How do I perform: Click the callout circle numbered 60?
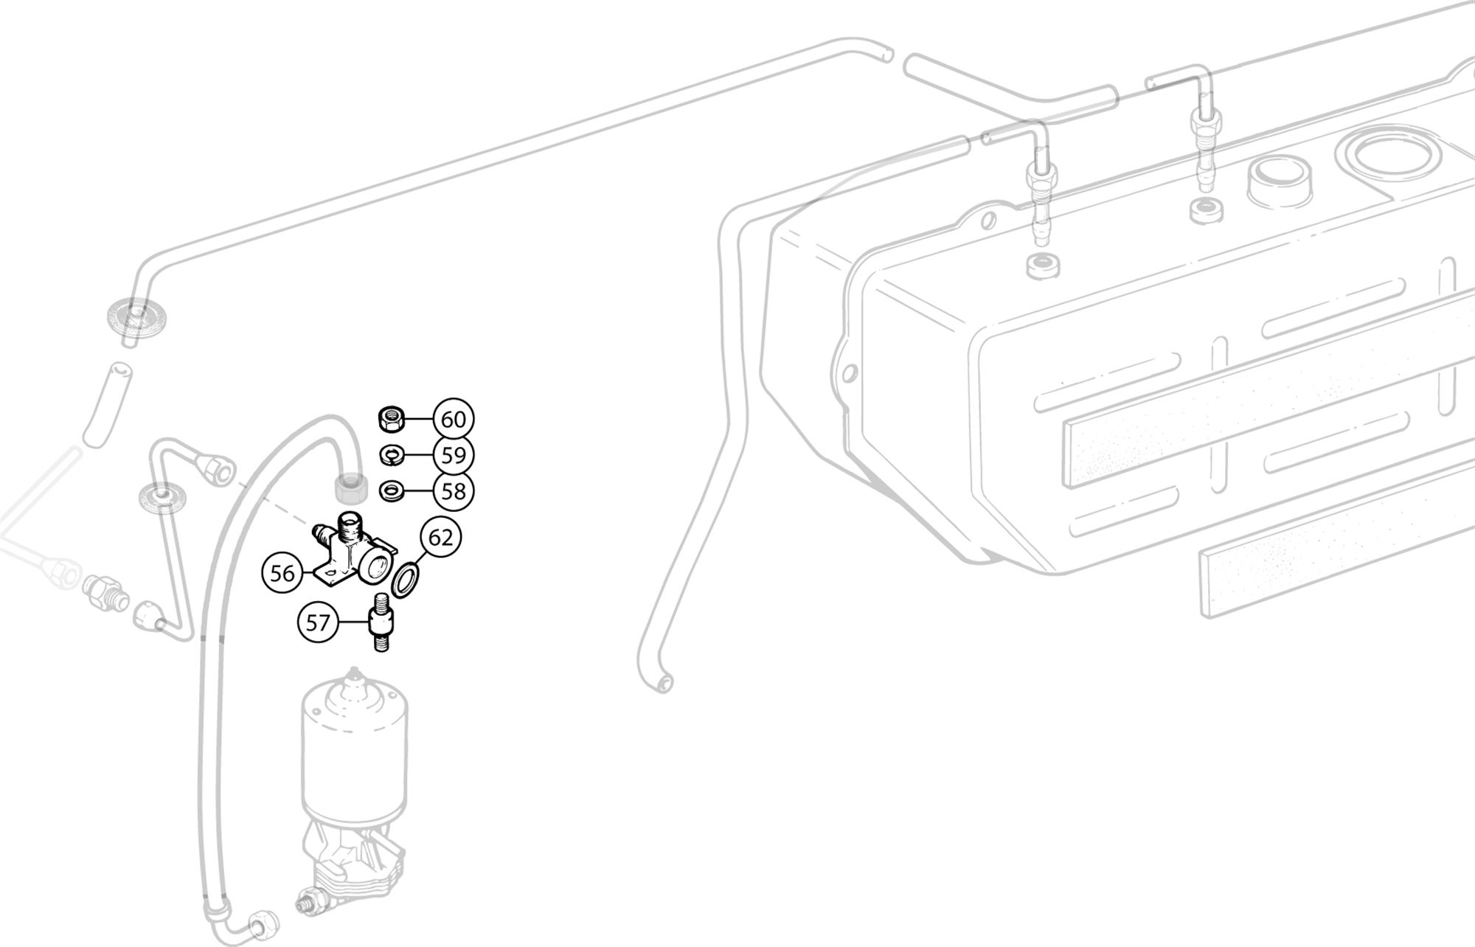coord(454,420)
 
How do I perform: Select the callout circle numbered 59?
coord(454,455)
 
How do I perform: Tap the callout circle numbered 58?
coord(454,490)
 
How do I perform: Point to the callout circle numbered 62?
coord(440,538)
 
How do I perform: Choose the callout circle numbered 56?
coord(282,573)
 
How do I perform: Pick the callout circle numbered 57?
coord(318,623)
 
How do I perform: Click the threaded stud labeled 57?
coord(381,622)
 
